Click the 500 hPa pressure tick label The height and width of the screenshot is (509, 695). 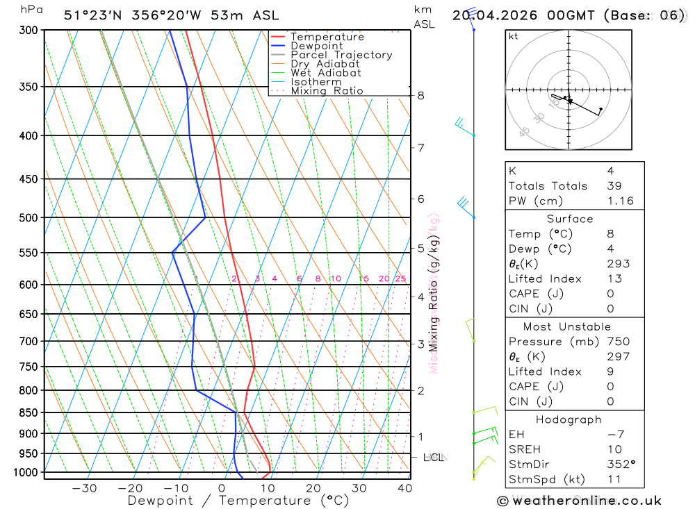click(x=28, y=218)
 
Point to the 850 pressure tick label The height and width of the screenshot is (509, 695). click(x=28, y=412)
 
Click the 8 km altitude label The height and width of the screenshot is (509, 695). click(x=421, y=95)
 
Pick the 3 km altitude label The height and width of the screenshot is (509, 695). click(x=421, y=344)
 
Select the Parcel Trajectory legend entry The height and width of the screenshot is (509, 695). click(x=341, y=55)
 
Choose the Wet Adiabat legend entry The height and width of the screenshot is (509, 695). click(x=326, y=73)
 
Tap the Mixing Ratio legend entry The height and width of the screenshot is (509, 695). click(x=327, y=91)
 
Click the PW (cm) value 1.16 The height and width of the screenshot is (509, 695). click(x=620, y=201)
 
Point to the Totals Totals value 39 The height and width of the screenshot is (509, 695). click(x=614, y=186)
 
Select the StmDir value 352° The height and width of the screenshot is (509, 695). click(x=620, y=465)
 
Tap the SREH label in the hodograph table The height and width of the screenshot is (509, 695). click(x=525, y=449)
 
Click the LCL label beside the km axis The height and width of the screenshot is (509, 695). click(x=434, y=458)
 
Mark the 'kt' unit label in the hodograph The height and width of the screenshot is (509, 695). click(x=514, y=36)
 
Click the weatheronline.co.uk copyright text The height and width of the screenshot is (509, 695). click(x=579, y=501)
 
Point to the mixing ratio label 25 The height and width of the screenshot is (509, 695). click(x=401, y=279)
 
